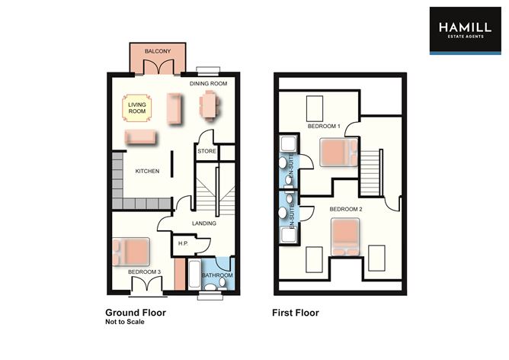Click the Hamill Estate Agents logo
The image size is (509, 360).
(464, 31)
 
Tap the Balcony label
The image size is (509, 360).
(157, 51)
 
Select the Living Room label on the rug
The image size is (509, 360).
(137, 108)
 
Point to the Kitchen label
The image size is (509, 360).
(147, 171)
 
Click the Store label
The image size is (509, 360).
(207, 152)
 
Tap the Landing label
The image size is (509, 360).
(205, 223)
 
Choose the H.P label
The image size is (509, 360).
(182, 243)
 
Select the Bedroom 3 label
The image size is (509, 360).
(143, 272)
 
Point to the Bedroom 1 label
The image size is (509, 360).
(324, 126)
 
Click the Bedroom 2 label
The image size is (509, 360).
(345, 208)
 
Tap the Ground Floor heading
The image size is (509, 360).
(135, 313)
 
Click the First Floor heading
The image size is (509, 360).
(296, 313)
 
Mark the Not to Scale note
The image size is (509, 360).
(123, 323)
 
